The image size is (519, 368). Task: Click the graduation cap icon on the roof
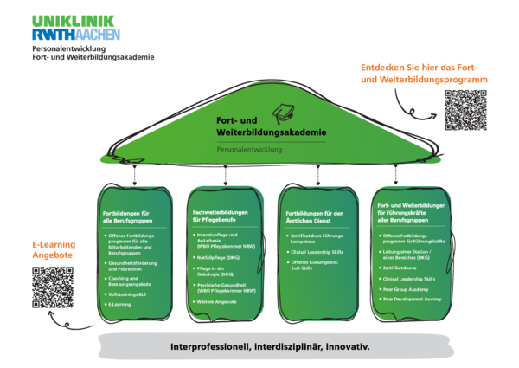tap(283, 113)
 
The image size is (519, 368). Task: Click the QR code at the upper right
tap(465, 110)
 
